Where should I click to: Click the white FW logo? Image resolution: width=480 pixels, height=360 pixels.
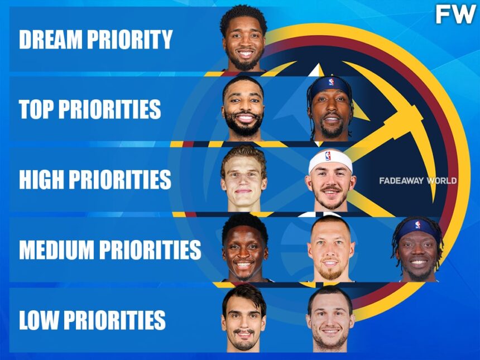click(456, 15)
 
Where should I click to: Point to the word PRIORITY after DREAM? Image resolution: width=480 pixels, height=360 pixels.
click(130, 39)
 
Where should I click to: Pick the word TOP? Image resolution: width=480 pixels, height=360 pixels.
click(36, 109)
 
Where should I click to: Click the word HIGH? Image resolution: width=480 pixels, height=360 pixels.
click(41, 179)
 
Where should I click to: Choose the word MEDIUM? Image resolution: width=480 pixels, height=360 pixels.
click(56, 249)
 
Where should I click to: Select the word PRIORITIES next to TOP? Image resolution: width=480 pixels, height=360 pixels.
click(109, 109)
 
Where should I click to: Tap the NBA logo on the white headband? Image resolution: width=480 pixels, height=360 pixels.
click(328, 156)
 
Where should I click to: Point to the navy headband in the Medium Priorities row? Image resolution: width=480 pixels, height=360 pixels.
click(418, 229)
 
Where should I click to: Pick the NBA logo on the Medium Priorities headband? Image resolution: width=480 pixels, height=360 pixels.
click(417, 225)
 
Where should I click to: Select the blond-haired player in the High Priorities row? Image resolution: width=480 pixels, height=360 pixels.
click(244, 179)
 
